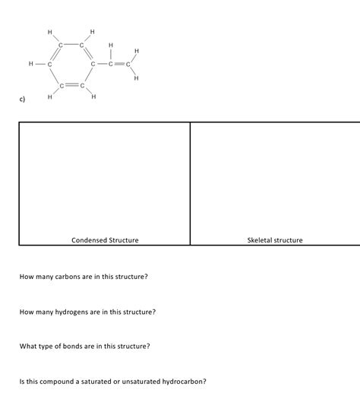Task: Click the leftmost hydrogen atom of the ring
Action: [31, 64]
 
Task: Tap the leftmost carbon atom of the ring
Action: [49, 64]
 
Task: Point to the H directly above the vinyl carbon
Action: [111, 46]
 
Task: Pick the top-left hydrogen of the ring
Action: [49, 32]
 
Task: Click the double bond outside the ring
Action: [118, 64]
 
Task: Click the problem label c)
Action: [25, 100]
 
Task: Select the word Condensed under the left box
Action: [88, 240]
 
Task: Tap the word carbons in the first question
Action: [68, 277]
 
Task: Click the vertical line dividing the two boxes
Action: [190, 182]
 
